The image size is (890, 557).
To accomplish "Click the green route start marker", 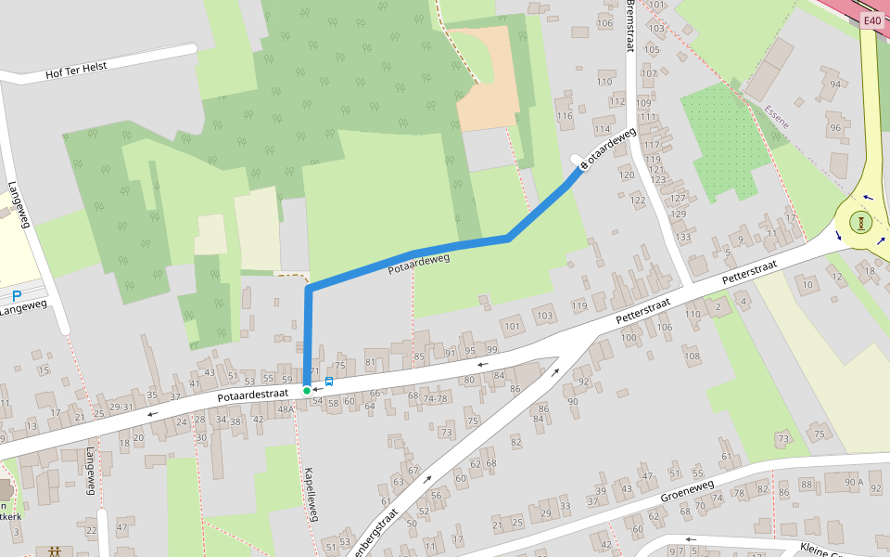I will pyautogui.click(x=307, y=390).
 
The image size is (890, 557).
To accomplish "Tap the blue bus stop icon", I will pyautogui.click(x=329, y=382).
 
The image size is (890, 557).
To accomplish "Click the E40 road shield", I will pyautogui.click(x=871, y=21).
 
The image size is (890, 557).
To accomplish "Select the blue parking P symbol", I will pyautogui.click(x=17, y=296).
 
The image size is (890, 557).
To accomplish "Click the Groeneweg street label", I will pyautogui.click(x=687, y=490).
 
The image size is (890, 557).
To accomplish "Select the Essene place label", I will pyautogui.click(x=777, y=118).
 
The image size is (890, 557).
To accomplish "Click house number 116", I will pyautogui.click(x=566, y=115).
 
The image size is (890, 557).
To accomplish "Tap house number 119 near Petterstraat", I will pyautogui.click(x=579, y=305).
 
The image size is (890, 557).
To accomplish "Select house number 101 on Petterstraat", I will pyautogui.click(x=512, y=326).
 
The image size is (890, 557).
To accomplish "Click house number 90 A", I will pyautogui.click(x=854, y=482).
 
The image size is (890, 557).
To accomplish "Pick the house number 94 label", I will pyautogui.click(x=835, y=84).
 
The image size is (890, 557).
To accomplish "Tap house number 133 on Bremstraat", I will pyautogui.click(x=683, y=238).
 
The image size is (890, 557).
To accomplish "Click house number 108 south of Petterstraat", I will pyautogui.click(x=692, y=356).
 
